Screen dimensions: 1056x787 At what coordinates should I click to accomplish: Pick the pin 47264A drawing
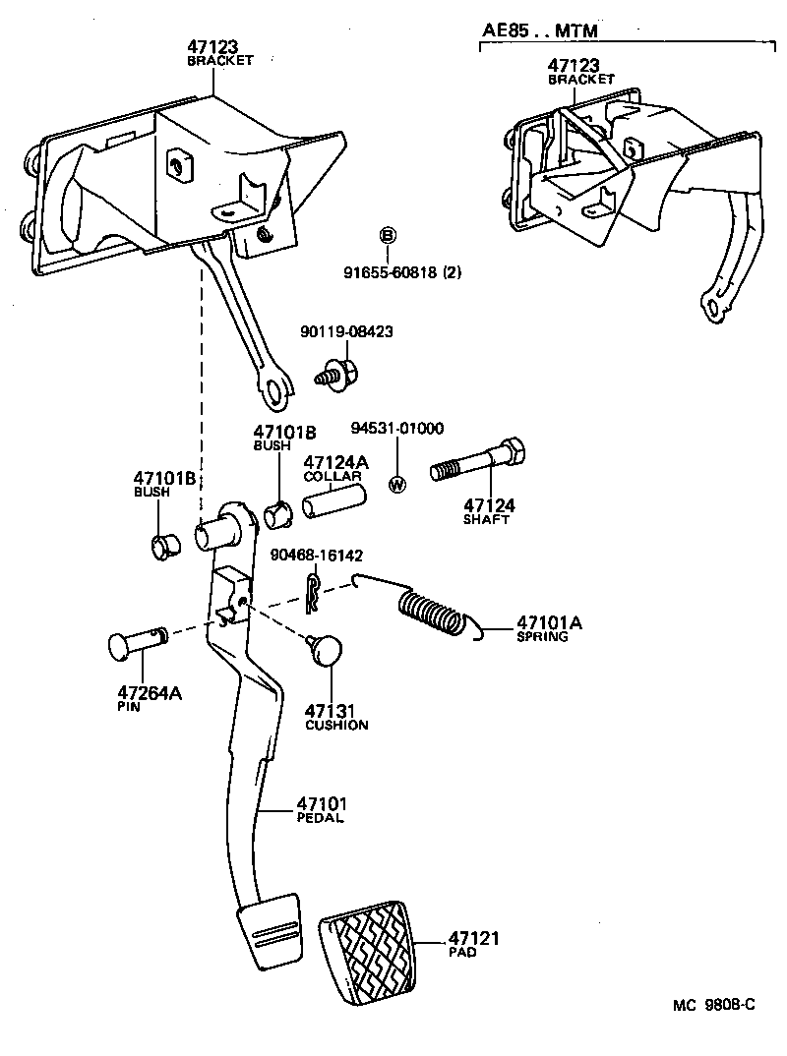point(136,644)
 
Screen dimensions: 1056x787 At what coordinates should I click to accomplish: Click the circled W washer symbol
point(397,484)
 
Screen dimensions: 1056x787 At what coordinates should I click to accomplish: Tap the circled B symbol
point(388,235)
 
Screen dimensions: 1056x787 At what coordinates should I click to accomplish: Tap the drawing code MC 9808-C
point(714,1004)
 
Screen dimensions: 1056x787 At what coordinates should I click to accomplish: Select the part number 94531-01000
point(397,428)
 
